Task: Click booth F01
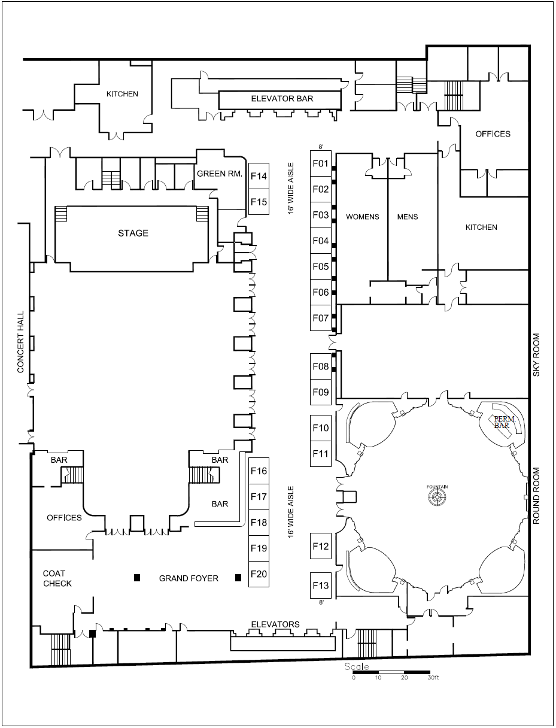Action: click(x=321, y=163)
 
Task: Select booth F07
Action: click(x=321, y=318)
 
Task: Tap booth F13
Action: click(x=321, y=585)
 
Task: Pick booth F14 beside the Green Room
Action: click(x=259, y=176)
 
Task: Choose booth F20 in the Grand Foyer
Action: click(x=259, y=574)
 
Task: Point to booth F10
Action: click(x=321, y=427)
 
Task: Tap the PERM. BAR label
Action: click(x=500, y=422)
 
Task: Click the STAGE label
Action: click(x=133, y=233)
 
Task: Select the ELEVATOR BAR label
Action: click(x=282, y=99)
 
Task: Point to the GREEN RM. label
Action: click(x=219, y=174)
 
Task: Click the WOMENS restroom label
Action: click(x=363, y=217)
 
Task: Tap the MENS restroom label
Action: click(x=408, y=217)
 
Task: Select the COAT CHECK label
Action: click(x=57, y=578)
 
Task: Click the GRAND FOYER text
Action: click(x=189, y=578)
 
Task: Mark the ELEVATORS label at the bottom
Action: click(x=275, y=624)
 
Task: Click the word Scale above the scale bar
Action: click(x=357, y=666)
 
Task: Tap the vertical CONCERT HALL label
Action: click(x=20, y=342)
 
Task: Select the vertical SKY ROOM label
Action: click(x=537, y=355)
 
